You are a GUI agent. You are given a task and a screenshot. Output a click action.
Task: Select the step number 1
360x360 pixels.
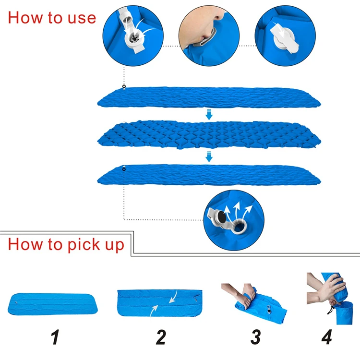click(x=55, y=337)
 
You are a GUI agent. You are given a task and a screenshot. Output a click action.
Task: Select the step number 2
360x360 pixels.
click(x=161, y=337)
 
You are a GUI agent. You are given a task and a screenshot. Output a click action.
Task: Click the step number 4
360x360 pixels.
click(x=327, y=337)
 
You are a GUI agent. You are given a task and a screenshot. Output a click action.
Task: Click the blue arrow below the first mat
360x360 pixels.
click(x=209, y=114)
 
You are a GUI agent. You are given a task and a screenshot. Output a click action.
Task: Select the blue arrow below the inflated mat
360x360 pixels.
click(x=209, y=156)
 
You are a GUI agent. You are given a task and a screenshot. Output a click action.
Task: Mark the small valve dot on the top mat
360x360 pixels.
click(x=124, y=87)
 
